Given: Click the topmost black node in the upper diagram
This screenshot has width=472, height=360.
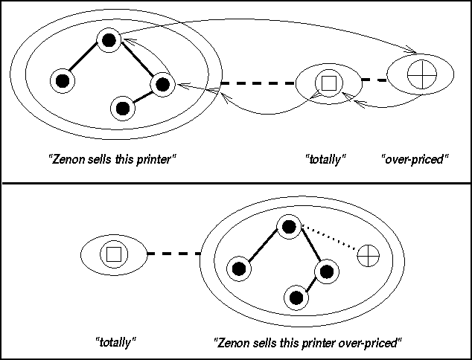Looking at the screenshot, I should pos(109,41).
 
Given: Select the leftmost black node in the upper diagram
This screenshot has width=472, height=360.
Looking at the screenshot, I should pos(62,80).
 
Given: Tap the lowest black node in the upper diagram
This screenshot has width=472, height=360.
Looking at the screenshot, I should pos(123,109).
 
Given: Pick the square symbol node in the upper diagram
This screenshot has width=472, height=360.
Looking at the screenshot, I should pos(326,82).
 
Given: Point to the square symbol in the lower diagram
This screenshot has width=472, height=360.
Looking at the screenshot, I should pos(112,254).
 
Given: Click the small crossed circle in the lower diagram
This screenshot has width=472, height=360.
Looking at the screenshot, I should pos(368,256).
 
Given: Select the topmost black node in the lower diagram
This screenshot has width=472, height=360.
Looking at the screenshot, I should pos(288,227).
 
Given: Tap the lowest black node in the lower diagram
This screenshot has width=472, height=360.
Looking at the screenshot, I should pos(296,298).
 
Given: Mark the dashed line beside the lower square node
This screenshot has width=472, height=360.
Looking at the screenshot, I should pos(173,254).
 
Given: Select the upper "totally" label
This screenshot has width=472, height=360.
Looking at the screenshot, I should pos(326,158).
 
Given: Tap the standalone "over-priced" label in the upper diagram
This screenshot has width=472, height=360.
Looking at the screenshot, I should pos(414,158).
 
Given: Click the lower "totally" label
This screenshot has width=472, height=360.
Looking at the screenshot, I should pos(115,343).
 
